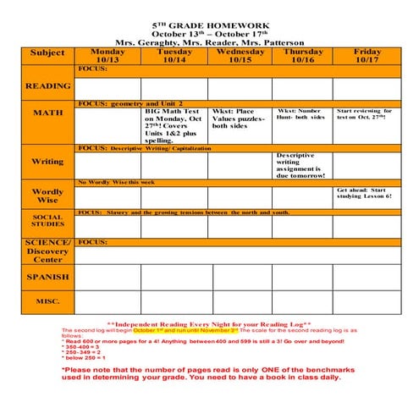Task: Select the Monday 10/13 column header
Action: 108,56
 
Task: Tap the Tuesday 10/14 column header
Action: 174,56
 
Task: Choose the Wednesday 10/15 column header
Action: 240,56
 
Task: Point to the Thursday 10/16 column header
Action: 302,56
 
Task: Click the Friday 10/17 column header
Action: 367,56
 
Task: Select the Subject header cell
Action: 47,52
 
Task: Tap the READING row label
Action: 47,86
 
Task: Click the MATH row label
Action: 47,113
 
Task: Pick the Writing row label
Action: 47,162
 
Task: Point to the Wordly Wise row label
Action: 47,196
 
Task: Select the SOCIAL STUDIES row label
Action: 47,221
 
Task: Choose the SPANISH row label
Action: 47,277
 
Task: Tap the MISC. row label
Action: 47,300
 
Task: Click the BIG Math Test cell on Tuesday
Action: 174,125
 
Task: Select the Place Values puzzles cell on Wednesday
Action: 240,119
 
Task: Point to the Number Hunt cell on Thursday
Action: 302,113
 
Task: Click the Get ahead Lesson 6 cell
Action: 367,194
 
